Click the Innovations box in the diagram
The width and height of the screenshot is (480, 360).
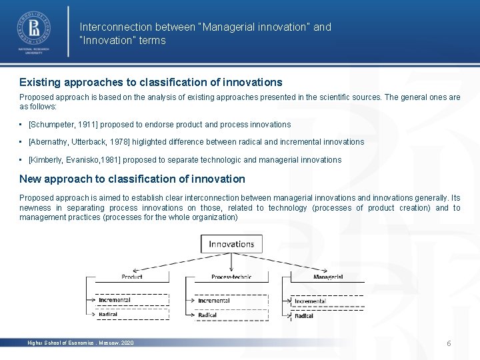231,244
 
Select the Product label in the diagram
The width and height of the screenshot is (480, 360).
132,277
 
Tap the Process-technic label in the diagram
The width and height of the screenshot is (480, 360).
231,277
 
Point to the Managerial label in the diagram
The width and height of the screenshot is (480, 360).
328,277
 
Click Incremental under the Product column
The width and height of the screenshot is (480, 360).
115,300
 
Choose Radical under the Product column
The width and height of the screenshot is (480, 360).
108,314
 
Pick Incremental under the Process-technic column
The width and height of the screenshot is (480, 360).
213,301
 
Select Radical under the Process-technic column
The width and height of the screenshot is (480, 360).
207,315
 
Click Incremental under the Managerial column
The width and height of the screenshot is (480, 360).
310,301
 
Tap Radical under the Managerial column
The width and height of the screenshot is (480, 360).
304,316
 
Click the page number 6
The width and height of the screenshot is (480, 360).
449,343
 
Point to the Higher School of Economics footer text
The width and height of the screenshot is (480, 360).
80,343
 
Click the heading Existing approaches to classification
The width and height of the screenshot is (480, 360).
151,83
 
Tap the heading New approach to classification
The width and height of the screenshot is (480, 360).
132,179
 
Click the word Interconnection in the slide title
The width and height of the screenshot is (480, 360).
115,27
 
